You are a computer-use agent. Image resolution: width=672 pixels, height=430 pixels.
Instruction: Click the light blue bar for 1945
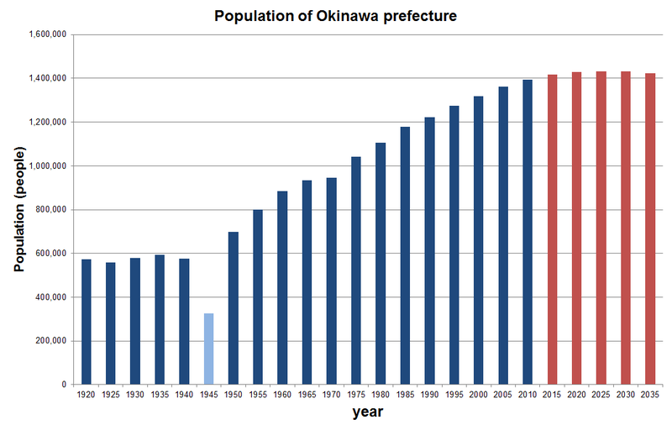[x=208, y=349]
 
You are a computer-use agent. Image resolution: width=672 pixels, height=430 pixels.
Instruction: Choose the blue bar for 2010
[x=528, y=232]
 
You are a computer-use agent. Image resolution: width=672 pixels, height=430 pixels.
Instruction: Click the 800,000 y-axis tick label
[x=53, y=210]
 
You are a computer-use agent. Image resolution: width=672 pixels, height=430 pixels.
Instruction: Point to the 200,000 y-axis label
[x=53, y=341]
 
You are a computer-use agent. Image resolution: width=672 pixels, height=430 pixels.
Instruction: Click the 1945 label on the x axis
[x=208, y=394]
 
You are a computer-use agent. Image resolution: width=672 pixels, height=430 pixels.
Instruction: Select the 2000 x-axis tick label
[x=478, y=394]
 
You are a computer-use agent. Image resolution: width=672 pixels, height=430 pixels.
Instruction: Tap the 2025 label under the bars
[x=601, y=394]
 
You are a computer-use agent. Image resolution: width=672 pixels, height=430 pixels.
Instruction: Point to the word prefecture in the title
[x=418, y=16]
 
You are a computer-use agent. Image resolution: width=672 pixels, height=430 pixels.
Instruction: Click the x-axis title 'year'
[x=367, y=412]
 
